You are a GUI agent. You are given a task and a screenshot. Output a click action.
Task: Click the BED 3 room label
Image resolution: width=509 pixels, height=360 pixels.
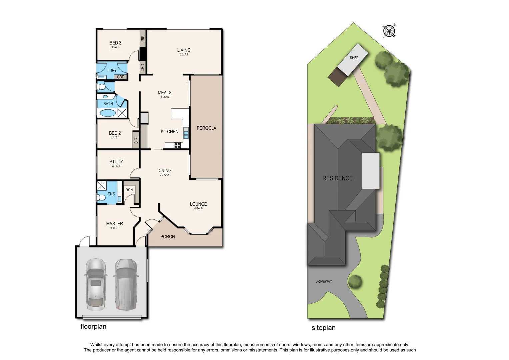[115, 43]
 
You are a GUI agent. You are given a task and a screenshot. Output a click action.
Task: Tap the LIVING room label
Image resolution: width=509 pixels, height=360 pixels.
[184, 50]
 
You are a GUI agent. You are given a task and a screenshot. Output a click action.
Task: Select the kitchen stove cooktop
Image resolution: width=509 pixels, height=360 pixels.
[177, 145]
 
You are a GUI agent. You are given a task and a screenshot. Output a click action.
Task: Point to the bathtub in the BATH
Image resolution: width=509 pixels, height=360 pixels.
[108, 113]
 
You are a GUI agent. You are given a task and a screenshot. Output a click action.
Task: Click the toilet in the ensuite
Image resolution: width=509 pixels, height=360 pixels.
[101, 198]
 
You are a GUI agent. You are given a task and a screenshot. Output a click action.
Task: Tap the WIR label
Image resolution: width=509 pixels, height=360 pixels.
[130, 190]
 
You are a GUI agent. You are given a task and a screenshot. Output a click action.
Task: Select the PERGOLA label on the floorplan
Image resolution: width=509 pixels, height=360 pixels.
[206, 128]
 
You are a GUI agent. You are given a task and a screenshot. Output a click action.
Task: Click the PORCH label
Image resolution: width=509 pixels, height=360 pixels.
[167, 237]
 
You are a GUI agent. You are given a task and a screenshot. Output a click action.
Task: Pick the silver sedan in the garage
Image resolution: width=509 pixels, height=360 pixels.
[96, 284]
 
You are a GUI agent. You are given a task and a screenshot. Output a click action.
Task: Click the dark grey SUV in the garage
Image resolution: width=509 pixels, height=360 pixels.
[126, 284]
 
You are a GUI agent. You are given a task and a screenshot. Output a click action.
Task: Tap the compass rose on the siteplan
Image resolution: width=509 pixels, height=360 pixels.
[389, 31]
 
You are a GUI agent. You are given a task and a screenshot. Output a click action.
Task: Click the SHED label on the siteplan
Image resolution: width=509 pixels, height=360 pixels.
[354, 58]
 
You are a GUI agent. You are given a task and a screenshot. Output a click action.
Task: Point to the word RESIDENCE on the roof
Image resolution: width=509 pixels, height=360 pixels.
[337, 178]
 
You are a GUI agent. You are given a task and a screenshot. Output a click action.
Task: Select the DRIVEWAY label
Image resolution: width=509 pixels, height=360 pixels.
[323, 282]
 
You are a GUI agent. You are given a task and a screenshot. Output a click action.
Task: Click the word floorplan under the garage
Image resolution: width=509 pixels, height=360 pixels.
[93, 327]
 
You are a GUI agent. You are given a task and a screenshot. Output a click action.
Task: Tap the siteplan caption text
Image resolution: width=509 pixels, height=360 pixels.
[323, 328]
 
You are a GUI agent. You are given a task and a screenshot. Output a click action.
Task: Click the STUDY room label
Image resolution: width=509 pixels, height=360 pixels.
[116, 162]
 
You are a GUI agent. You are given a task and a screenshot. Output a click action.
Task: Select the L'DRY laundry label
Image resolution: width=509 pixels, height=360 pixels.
[112, 71]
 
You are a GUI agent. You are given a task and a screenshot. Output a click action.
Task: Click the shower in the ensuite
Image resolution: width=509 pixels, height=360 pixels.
[102, 185]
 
